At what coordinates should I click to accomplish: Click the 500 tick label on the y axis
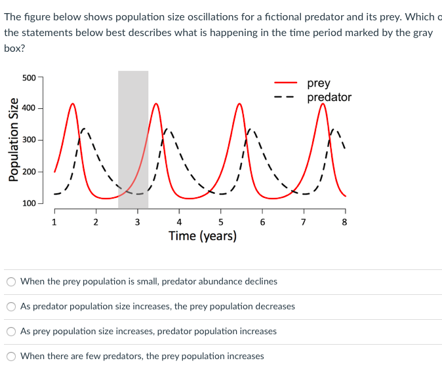pos(29,77)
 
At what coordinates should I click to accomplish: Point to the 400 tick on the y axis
pos(29,108)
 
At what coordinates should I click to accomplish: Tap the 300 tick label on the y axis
pos(29,140)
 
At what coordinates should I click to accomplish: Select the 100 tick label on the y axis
pos(29,203)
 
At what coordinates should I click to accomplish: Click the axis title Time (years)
pos(202,236)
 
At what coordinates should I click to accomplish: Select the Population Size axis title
pos(11,140)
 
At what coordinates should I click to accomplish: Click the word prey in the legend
pos(319,83)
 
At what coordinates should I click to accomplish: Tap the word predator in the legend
pos(329,97)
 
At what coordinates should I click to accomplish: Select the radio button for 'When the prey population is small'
pos(11,281)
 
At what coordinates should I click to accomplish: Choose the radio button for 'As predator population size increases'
pos(11,306)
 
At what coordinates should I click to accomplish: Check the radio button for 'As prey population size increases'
pos(11,331)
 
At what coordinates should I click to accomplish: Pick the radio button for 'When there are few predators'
pos(11,356)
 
